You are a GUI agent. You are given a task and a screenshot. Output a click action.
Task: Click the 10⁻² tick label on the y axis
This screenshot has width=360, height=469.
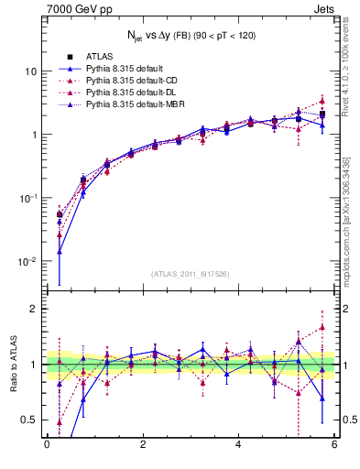(x=27, y=262)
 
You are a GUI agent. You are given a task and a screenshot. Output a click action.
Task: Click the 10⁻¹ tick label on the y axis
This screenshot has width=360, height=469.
(x=27, y=199)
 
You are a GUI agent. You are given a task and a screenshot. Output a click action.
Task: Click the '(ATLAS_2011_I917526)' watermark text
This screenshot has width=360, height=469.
(x=190, y=273)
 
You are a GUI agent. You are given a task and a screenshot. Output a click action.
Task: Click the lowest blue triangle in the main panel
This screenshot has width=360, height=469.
(x=60, y=252)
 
